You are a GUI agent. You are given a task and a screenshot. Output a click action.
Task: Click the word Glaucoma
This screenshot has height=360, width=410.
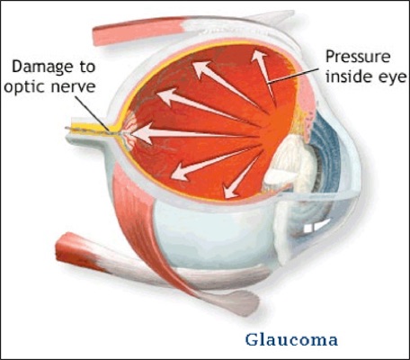coord(291,340)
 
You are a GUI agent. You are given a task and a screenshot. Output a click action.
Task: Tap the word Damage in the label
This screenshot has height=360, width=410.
coord(41,67)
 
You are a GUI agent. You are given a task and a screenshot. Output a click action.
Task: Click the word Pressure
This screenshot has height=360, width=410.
coord(358,57)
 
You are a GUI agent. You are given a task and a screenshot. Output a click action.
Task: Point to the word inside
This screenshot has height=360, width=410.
coord(349,76)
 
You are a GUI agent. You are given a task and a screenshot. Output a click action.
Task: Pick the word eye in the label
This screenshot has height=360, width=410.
coord(391,78)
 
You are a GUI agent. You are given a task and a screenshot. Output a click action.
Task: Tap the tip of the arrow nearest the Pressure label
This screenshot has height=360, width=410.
coord(258,51)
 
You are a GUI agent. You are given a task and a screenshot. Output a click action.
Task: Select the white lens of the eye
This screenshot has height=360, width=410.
coord(292,164)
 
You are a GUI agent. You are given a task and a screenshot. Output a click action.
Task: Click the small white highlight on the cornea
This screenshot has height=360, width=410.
coord(316,226)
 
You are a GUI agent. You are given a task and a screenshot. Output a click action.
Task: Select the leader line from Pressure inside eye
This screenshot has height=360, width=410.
coord(293,75)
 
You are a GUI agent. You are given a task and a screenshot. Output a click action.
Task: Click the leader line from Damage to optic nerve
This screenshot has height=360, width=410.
coord(92,113)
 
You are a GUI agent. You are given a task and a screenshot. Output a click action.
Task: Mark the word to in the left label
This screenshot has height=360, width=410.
coord(86,67)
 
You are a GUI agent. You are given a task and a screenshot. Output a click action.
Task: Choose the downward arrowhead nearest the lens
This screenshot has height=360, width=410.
coord(230,191)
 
